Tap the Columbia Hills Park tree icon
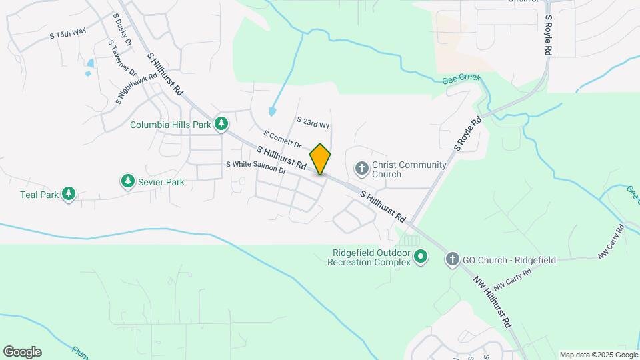coord(222,124)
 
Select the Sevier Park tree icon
coord(127,181)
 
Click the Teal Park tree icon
coord(68,194)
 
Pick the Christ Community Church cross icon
coord(361,169)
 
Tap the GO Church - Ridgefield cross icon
coord(453,259)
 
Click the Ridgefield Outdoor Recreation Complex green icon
coord(421,256)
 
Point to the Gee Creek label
coord(461,79)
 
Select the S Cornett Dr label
coord(283,140)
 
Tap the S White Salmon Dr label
coord(256,167)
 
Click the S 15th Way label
coord(68,33)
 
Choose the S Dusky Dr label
coord(123,27)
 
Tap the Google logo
coord(22,352)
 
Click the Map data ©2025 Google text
coord(598,355)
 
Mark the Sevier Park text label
coord(162,181)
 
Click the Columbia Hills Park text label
coord(171,125)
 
